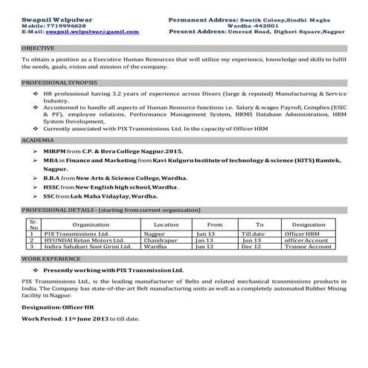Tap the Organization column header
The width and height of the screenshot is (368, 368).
point(91,224)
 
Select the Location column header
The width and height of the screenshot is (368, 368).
point(166,224)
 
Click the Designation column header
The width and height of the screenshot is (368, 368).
point(309,224)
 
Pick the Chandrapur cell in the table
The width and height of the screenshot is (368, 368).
point(161,240)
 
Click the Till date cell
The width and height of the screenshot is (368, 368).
point(253,233)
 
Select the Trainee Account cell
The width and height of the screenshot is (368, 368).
point(308,246)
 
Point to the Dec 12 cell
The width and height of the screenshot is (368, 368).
point(251,246)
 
